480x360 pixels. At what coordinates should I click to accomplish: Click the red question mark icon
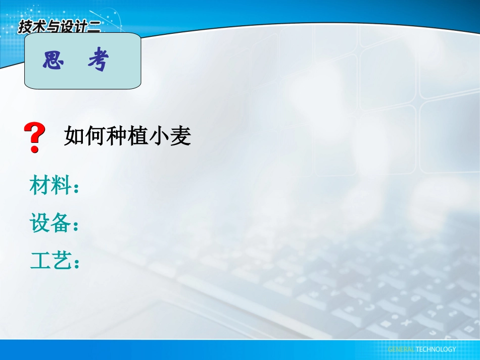(x=35, y=138)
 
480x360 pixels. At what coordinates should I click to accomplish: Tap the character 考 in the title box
(x=99, y=62)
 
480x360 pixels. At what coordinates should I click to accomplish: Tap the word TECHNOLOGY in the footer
(x=436, y=349)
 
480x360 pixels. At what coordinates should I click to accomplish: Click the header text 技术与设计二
(x=59, y=27)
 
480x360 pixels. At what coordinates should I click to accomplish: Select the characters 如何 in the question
(x=85, y=136)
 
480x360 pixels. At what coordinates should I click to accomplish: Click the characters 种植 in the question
(x=127, y=136)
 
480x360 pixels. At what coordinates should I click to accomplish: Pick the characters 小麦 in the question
(x=170, y=136)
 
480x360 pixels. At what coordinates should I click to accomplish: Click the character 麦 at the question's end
(x=180, y=136)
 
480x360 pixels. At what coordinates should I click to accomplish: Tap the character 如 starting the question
(x=74, y=136)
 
